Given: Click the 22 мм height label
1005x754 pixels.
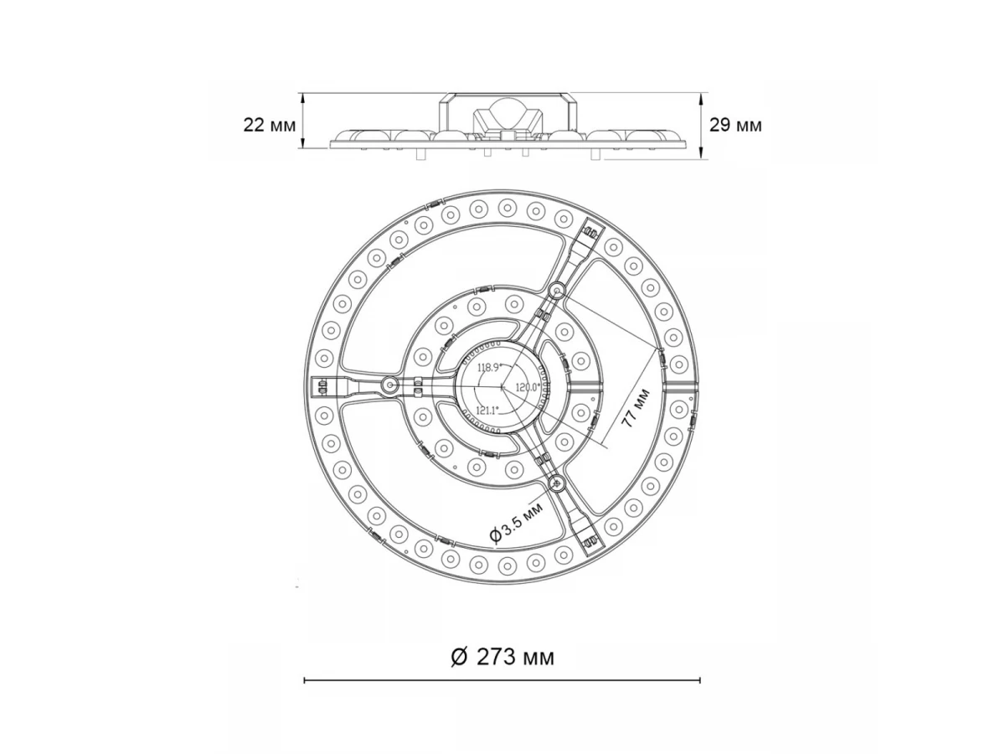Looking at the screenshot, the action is [269, 125].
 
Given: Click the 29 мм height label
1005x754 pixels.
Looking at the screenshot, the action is [735, 125].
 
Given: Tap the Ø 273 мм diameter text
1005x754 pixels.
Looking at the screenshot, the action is [502, 658].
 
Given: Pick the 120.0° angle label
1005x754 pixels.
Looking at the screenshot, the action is [528, 387].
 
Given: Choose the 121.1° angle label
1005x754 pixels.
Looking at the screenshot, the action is [487, 411].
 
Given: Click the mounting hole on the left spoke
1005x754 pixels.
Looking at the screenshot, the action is [389, 385].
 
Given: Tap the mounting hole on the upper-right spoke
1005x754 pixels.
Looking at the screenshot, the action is [557, 290].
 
